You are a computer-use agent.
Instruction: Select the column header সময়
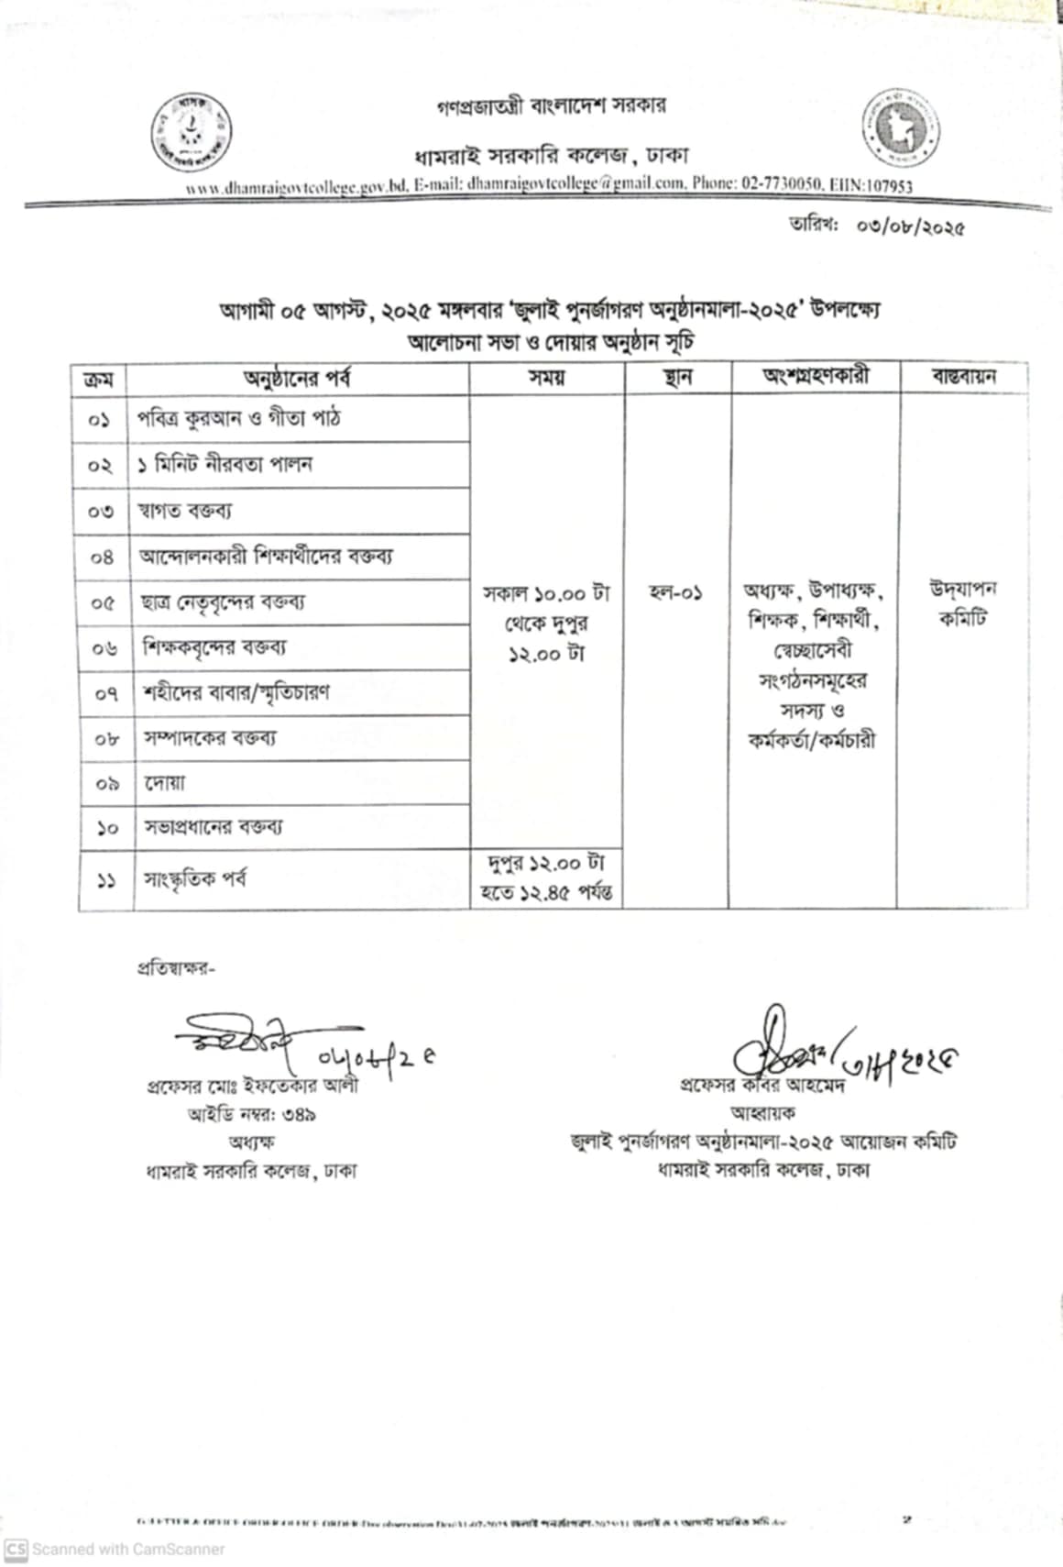point(546,378)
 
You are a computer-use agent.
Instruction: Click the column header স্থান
point(677,378)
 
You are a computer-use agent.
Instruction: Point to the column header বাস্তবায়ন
point(963,377)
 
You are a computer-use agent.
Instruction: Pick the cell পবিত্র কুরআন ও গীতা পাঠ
point(240,419)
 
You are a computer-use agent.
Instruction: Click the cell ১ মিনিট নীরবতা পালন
point(225,465)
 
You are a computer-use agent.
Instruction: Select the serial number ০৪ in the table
point(102,557)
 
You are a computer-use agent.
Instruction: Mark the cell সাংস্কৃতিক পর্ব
point(194,880)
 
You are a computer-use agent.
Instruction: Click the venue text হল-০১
point(675,593)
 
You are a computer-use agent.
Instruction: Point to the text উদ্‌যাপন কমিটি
point(962,603)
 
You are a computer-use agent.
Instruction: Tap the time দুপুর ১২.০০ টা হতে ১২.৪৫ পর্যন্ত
point(547,878)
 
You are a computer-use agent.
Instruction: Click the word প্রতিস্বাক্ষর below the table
point(175,968)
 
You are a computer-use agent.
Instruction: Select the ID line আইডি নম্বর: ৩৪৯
point(252,1115)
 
